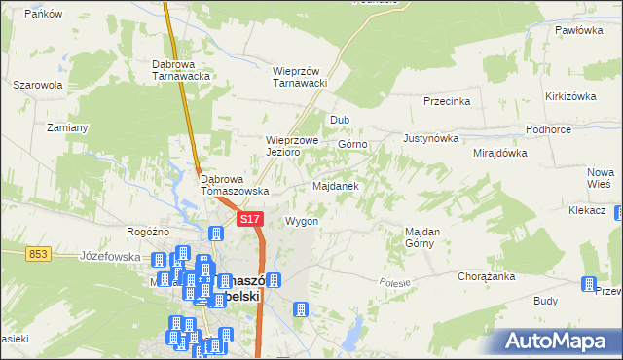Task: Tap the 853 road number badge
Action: pos(39,253)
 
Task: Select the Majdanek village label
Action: pos(337,185)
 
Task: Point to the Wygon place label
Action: pos(302,221)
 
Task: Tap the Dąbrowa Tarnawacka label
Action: pos(182,70)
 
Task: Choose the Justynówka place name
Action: pos(429,138)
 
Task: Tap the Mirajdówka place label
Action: pos(499,153)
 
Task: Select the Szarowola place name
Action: pos(38,85)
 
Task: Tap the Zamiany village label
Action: pos(67,127)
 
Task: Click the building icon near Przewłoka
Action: pos(588,284)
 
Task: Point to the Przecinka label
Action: pos(448,101)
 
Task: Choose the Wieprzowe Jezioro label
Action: pos(293,146)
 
